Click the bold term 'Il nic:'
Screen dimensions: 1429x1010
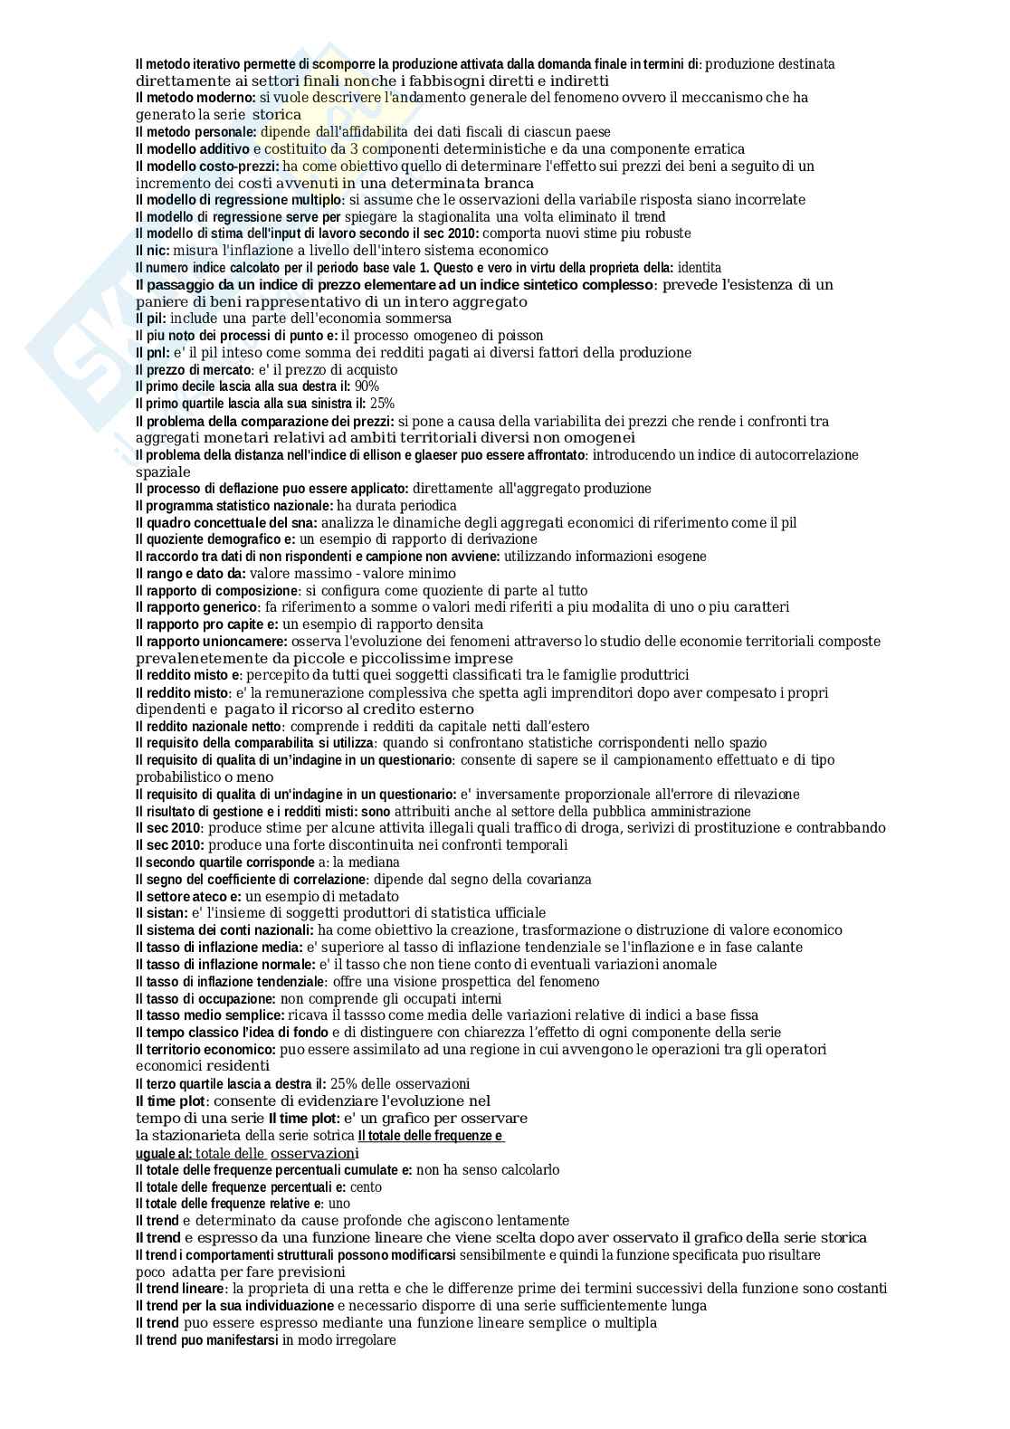click(x=152, y=251)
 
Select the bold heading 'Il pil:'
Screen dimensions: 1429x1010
click(x=151, y=319)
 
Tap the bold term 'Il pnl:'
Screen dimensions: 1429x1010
click(x=152, y=353)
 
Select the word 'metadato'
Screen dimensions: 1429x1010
click(x=371, y=897)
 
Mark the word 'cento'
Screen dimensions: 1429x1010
click(x=366, y=1187)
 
